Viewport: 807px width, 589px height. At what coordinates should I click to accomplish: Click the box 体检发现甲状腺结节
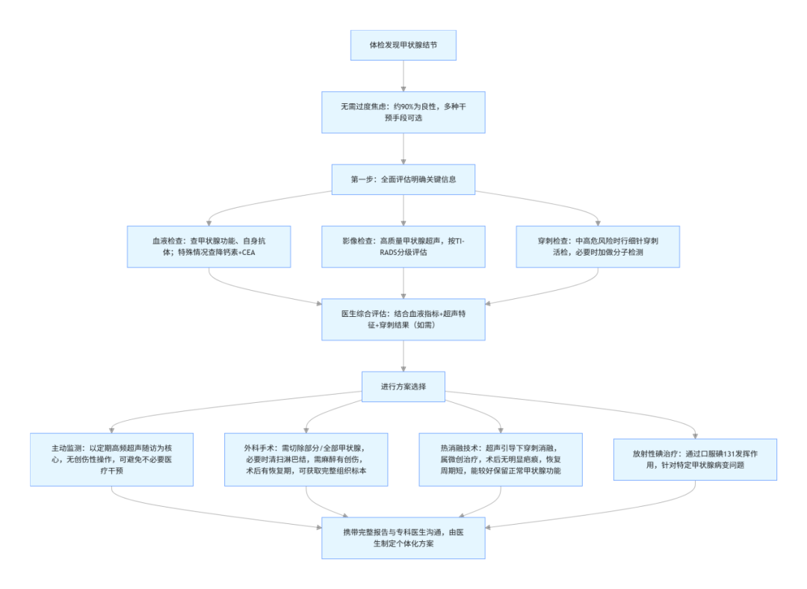pyautogui.click(x=403, y=46)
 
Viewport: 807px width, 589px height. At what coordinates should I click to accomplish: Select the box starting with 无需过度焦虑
pyautogui.click(x=403, y=112)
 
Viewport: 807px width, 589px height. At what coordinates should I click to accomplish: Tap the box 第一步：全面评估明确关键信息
pyautogui.click(x=403, y=179)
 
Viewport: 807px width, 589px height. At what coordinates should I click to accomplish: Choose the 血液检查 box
pyautogui.click(x=208, y=246)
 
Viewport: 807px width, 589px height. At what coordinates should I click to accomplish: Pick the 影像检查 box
pyautogui.click(x=403, y=246)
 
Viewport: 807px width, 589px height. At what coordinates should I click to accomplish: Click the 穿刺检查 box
pyautogui.click(x=598, y=246)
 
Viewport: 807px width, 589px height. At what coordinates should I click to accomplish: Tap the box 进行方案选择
pyautogui.click(x=403, y=386)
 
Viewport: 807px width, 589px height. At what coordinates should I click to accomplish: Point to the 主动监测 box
pyautogui.click(x=111, y=459)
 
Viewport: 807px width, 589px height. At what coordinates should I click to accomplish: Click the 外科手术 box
pyautogui.click(x=306, y=459)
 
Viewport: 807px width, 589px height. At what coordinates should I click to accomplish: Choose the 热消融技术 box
pyautogui.click(x=501, y=459)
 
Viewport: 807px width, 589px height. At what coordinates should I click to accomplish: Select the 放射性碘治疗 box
pyautogui.click(x=695, y=459)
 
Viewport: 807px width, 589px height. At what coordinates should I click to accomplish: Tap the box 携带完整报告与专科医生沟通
pyautogui.click(x=403, y=537)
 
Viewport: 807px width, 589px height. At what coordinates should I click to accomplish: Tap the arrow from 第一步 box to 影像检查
pyautogui.click(x=403, y=209)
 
